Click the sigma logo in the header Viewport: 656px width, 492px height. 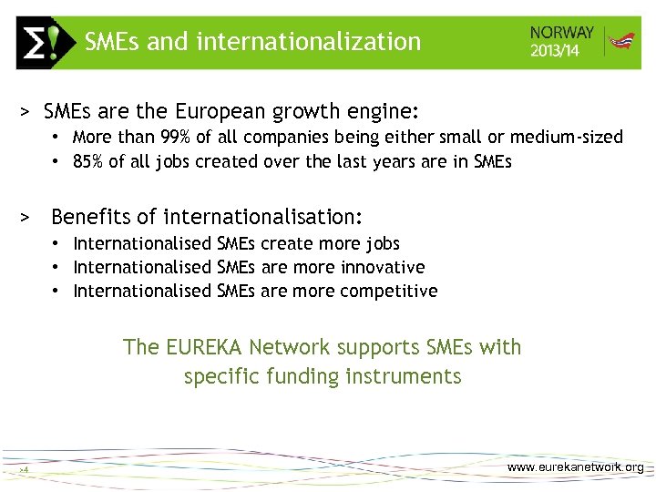click(43, 43)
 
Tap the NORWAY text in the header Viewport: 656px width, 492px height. click(562, 33)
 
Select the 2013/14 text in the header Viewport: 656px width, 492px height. click(556, 51)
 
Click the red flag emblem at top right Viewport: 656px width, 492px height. click(621, 42)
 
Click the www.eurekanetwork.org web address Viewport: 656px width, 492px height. click(575, 467)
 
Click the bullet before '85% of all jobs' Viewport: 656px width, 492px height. click(56, 162)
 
